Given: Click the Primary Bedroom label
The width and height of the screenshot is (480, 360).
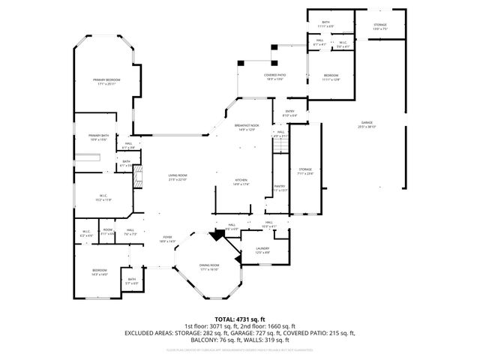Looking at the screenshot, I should tap(107, 79).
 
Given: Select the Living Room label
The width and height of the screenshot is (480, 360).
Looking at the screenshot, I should tap(177, 175).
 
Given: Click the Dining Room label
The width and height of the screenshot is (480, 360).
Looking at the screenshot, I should tap(209, 265).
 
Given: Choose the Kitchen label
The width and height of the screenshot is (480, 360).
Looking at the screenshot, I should tap(241, 180).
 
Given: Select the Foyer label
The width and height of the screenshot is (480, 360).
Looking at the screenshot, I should tap(166, 237).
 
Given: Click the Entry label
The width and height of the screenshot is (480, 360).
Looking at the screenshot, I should tap(289, 111).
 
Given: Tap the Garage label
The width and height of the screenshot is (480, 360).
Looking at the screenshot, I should tap(367, 122).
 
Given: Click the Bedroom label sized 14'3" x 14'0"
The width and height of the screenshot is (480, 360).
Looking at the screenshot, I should tap(100, 271).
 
